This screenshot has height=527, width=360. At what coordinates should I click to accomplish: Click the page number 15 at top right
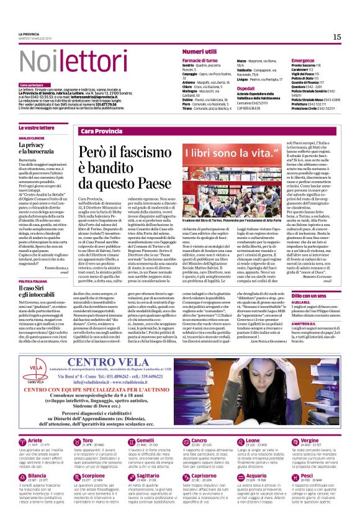pos(337,37)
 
